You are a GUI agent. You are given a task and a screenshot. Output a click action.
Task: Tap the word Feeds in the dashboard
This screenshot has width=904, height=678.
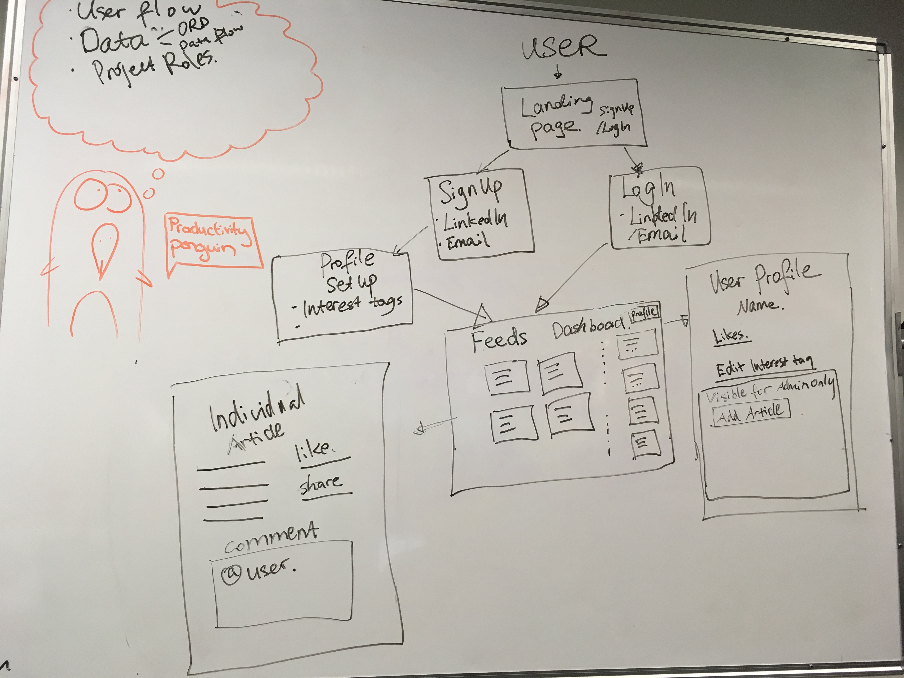tap(499, 340)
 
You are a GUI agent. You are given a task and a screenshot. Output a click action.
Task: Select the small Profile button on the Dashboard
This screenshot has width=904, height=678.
tap(644, 313)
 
